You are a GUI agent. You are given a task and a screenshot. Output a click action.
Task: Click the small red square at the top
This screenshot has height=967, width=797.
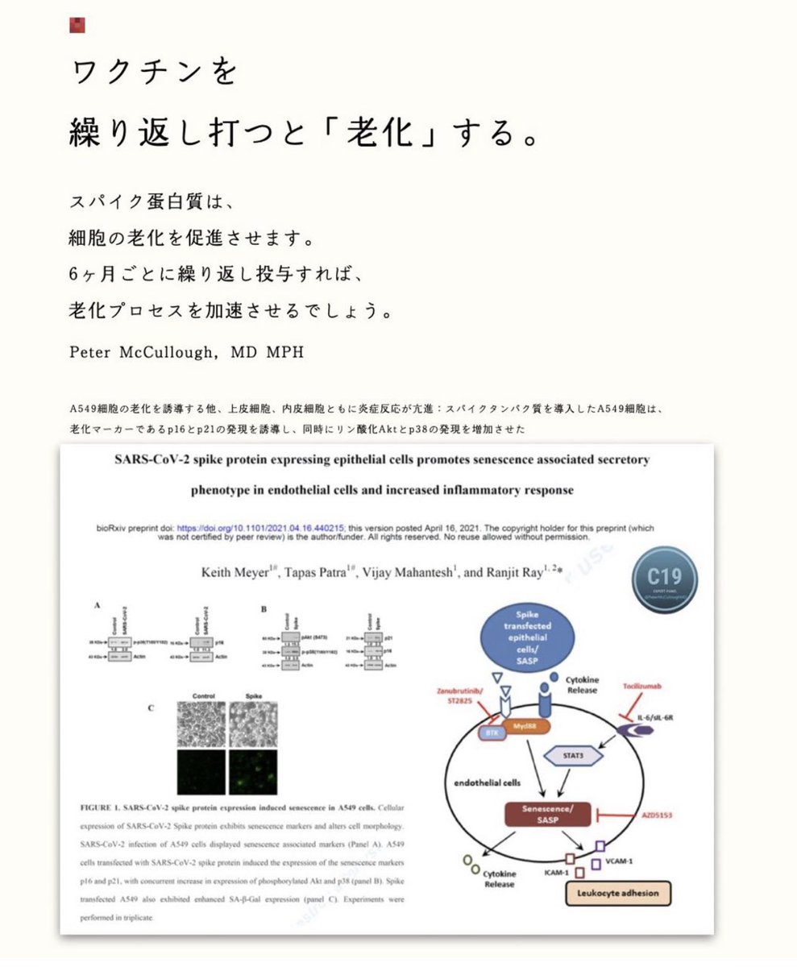click(77, 24)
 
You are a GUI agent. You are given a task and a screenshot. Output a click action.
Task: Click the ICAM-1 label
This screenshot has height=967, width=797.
click(556, 872)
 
